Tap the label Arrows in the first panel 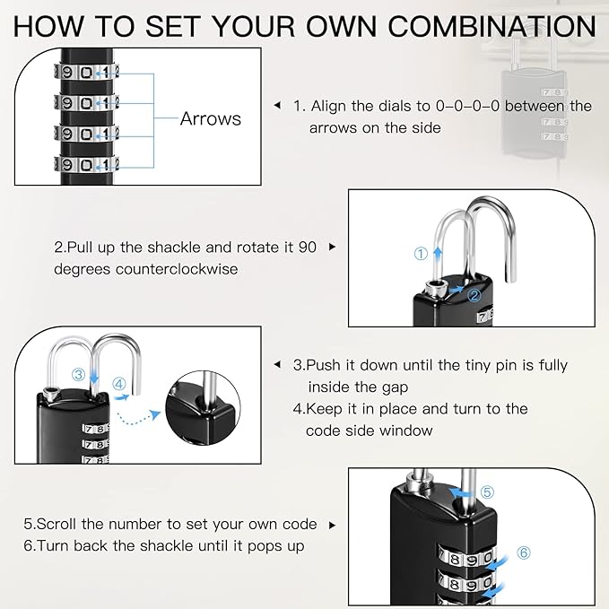click(210, 118)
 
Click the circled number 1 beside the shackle click(421, 254)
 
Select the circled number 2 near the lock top click(475, 293)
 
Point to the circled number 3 click(79, 375)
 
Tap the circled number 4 click(119, 384)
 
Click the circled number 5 click(485, 492)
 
